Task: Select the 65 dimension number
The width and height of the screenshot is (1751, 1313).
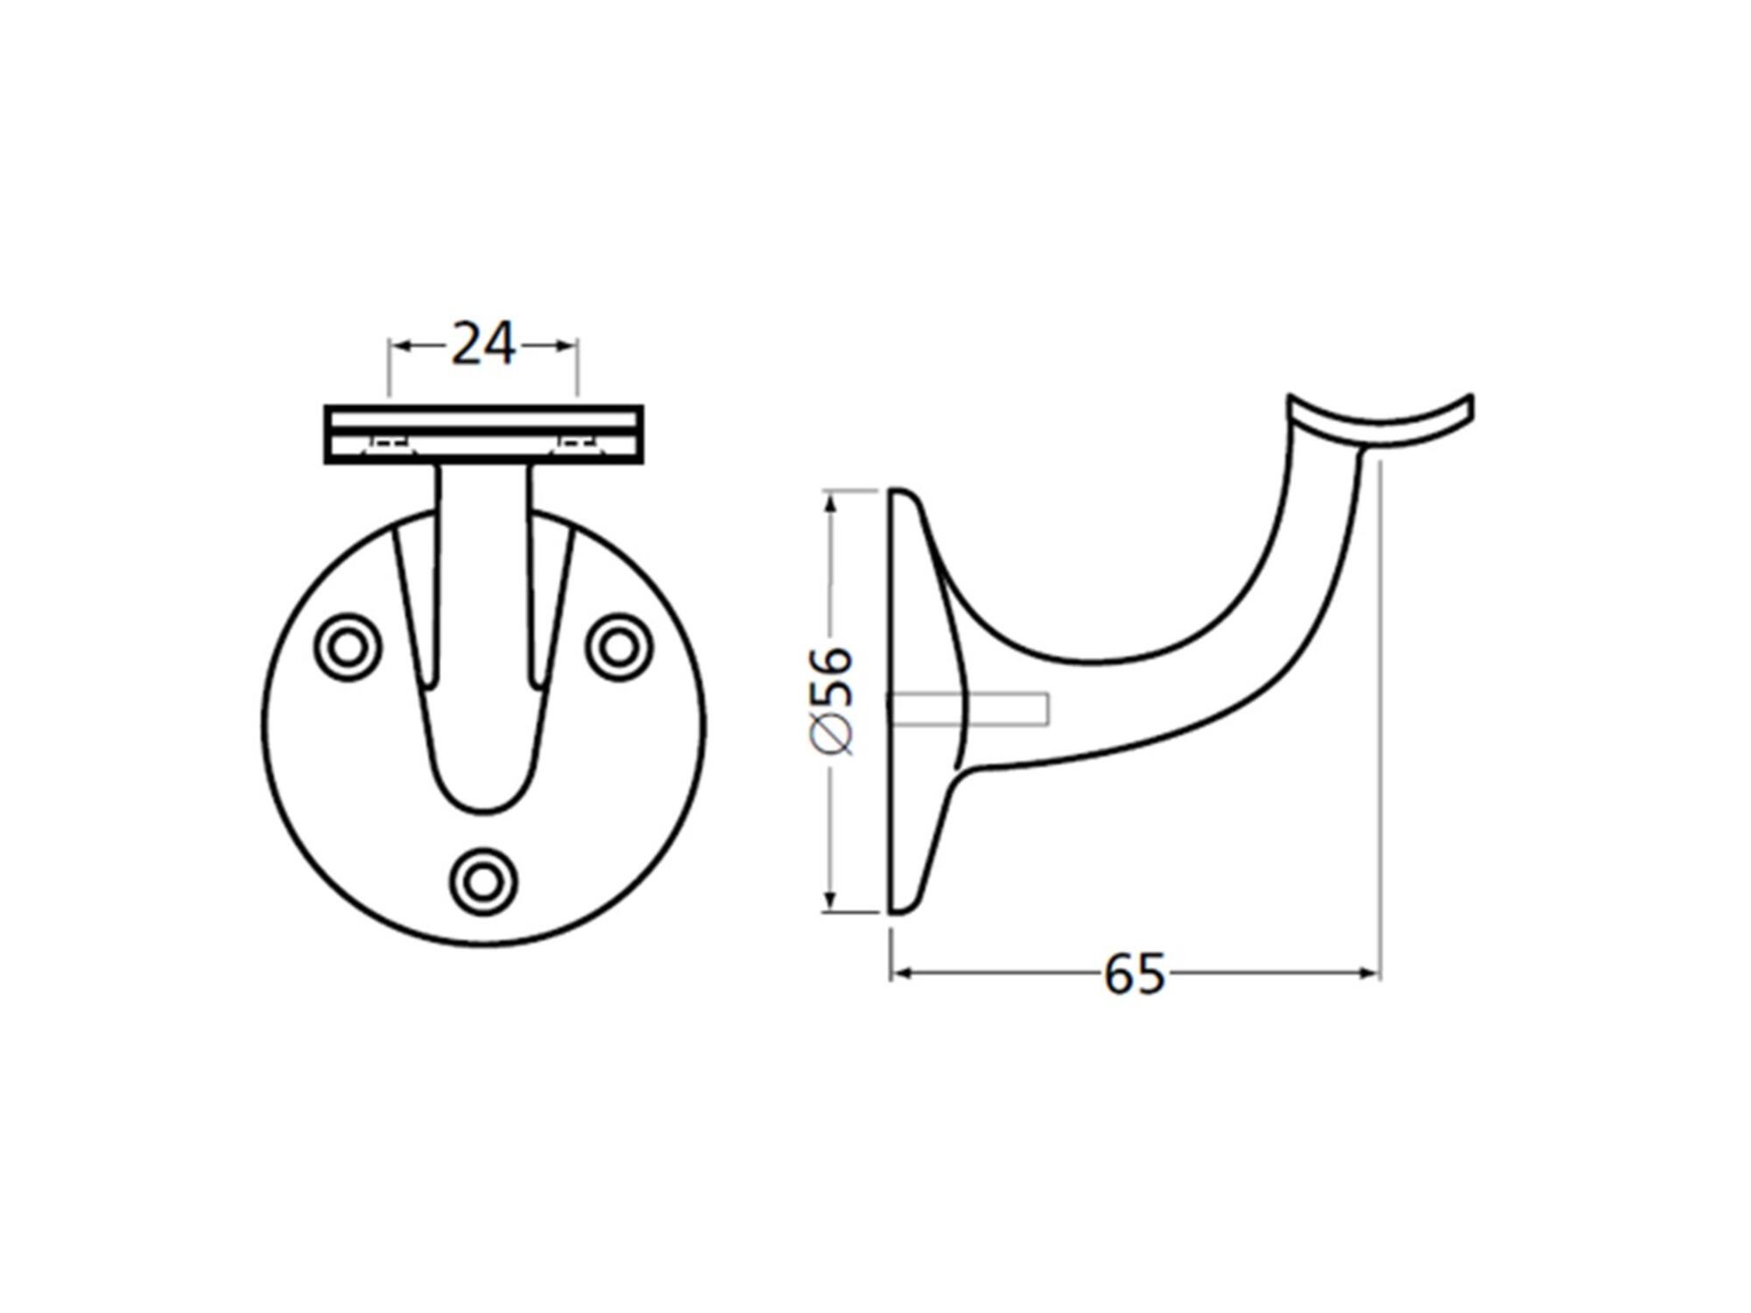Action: (x=1135, y=973)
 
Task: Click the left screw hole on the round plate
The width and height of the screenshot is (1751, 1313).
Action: (x=348, y=648)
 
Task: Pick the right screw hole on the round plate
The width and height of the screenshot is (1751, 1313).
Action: (x=619, y=648)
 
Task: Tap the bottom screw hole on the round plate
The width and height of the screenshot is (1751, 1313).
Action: (x=482, y=881)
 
